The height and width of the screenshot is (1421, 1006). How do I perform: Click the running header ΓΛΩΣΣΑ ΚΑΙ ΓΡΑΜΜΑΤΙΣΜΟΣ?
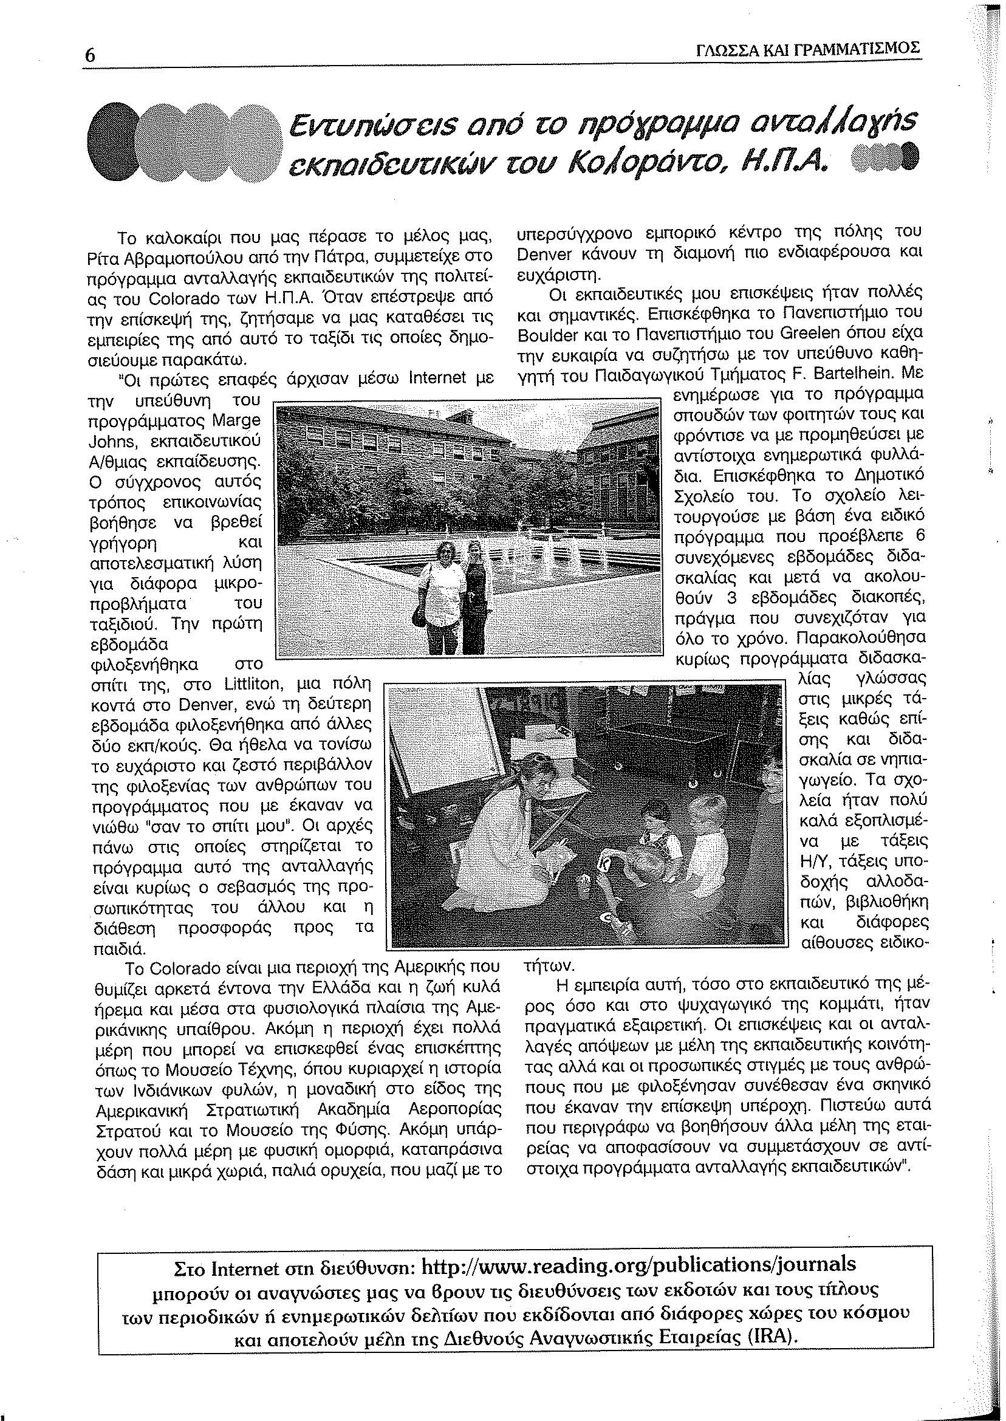point(808,48)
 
